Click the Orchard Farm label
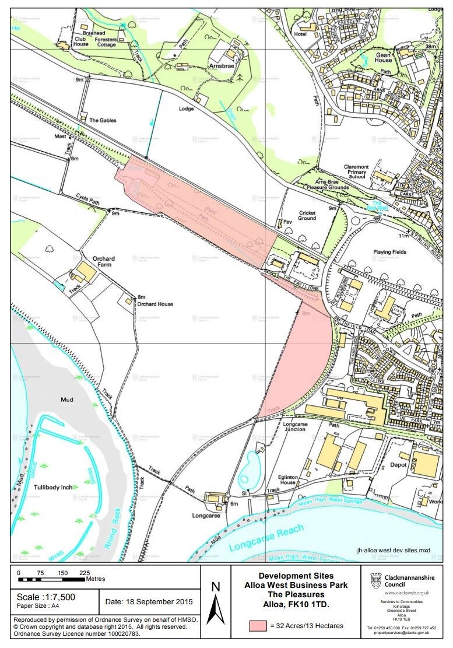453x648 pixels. click(104, 262)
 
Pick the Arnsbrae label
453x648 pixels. click(222, 67)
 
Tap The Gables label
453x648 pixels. click(103, 120)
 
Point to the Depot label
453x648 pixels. click(398, 465)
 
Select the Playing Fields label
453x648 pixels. click(390, 252)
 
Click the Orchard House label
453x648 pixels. click(155, 304)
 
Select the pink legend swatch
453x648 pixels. click(258, 626)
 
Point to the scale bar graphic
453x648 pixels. click(51, 580)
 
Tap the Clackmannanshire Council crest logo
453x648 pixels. click(376, 581)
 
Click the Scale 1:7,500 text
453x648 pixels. click(46, 597)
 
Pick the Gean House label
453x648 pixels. click(383, 57)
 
